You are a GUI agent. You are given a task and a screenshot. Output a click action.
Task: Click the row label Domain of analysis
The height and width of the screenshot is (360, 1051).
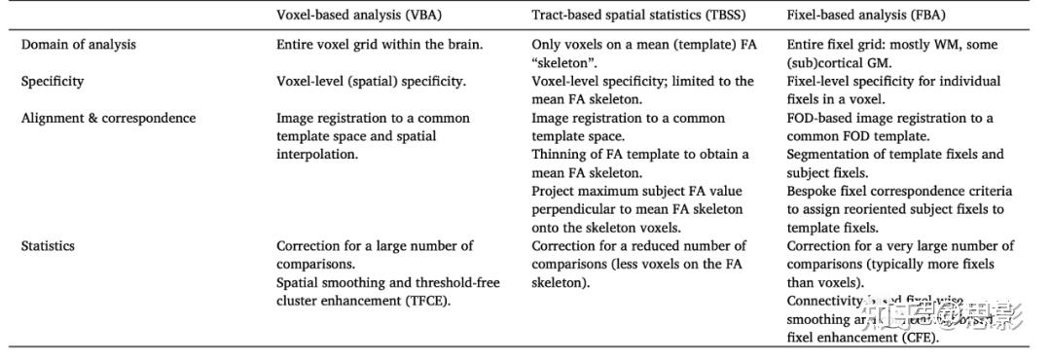[79, 45]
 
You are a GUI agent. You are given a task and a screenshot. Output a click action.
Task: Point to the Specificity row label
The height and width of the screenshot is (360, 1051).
[53, 82]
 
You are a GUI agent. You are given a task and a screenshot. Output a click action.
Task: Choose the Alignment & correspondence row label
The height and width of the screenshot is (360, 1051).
[108, 118]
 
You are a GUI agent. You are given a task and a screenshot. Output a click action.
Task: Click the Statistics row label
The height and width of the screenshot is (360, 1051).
[48, 246]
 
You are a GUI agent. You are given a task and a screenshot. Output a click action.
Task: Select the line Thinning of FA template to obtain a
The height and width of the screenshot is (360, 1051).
[640, 155]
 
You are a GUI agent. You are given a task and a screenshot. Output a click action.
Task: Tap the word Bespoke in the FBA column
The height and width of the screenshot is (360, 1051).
[813, 191]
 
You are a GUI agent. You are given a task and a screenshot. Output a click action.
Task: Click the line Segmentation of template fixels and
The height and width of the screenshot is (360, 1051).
[894, 155]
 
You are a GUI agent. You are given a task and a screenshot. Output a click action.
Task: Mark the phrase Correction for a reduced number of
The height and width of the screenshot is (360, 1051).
[638, 246]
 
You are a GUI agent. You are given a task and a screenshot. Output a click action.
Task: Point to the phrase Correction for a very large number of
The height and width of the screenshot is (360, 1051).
[899, 246]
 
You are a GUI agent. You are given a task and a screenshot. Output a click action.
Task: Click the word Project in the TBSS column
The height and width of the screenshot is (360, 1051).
[556, 191]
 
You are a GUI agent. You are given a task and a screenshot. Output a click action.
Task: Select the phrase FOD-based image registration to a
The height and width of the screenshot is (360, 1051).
[889, 118]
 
